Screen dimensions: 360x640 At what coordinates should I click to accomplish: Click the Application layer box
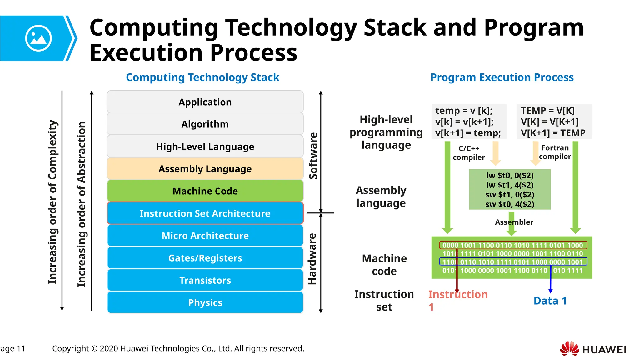click(205, 102)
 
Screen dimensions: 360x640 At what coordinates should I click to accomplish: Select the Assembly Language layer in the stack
click(205, 169)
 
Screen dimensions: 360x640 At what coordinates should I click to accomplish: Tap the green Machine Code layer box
click(205, 191)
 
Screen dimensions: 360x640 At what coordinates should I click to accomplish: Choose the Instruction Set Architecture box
click(205, 213)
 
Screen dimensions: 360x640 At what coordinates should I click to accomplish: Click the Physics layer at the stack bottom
click(205, 302)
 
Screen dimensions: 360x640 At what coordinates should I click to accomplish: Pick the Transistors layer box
click(205, 280)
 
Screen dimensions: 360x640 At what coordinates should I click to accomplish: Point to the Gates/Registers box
click(205, 258)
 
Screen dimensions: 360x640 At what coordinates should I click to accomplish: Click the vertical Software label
click(313, 155)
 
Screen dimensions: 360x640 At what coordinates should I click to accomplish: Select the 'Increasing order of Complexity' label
click(52, 202)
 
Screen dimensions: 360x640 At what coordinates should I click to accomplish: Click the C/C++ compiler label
click(469, 153)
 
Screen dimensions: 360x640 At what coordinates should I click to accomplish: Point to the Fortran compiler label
click(555, 152)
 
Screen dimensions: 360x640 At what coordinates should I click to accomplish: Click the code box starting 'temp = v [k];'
click(468, 122)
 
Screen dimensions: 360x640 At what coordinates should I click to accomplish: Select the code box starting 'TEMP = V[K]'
click(554, 122)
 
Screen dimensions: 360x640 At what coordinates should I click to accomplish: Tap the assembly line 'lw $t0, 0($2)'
click(510, 175)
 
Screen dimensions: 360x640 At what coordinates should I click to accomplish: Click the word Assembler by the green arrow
click(514, 222)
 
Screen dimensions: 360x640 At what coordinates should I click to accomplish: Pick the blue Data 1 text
click(550, 301)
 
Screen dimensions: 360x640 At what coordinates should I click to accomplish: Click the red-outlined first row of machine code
click(512, 245)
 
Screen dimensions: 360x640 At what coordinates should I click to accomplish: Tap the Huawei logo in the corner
click(593, 349)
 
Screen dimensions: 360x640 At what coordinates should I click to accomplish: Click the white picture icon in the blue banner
click(38, 38)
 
